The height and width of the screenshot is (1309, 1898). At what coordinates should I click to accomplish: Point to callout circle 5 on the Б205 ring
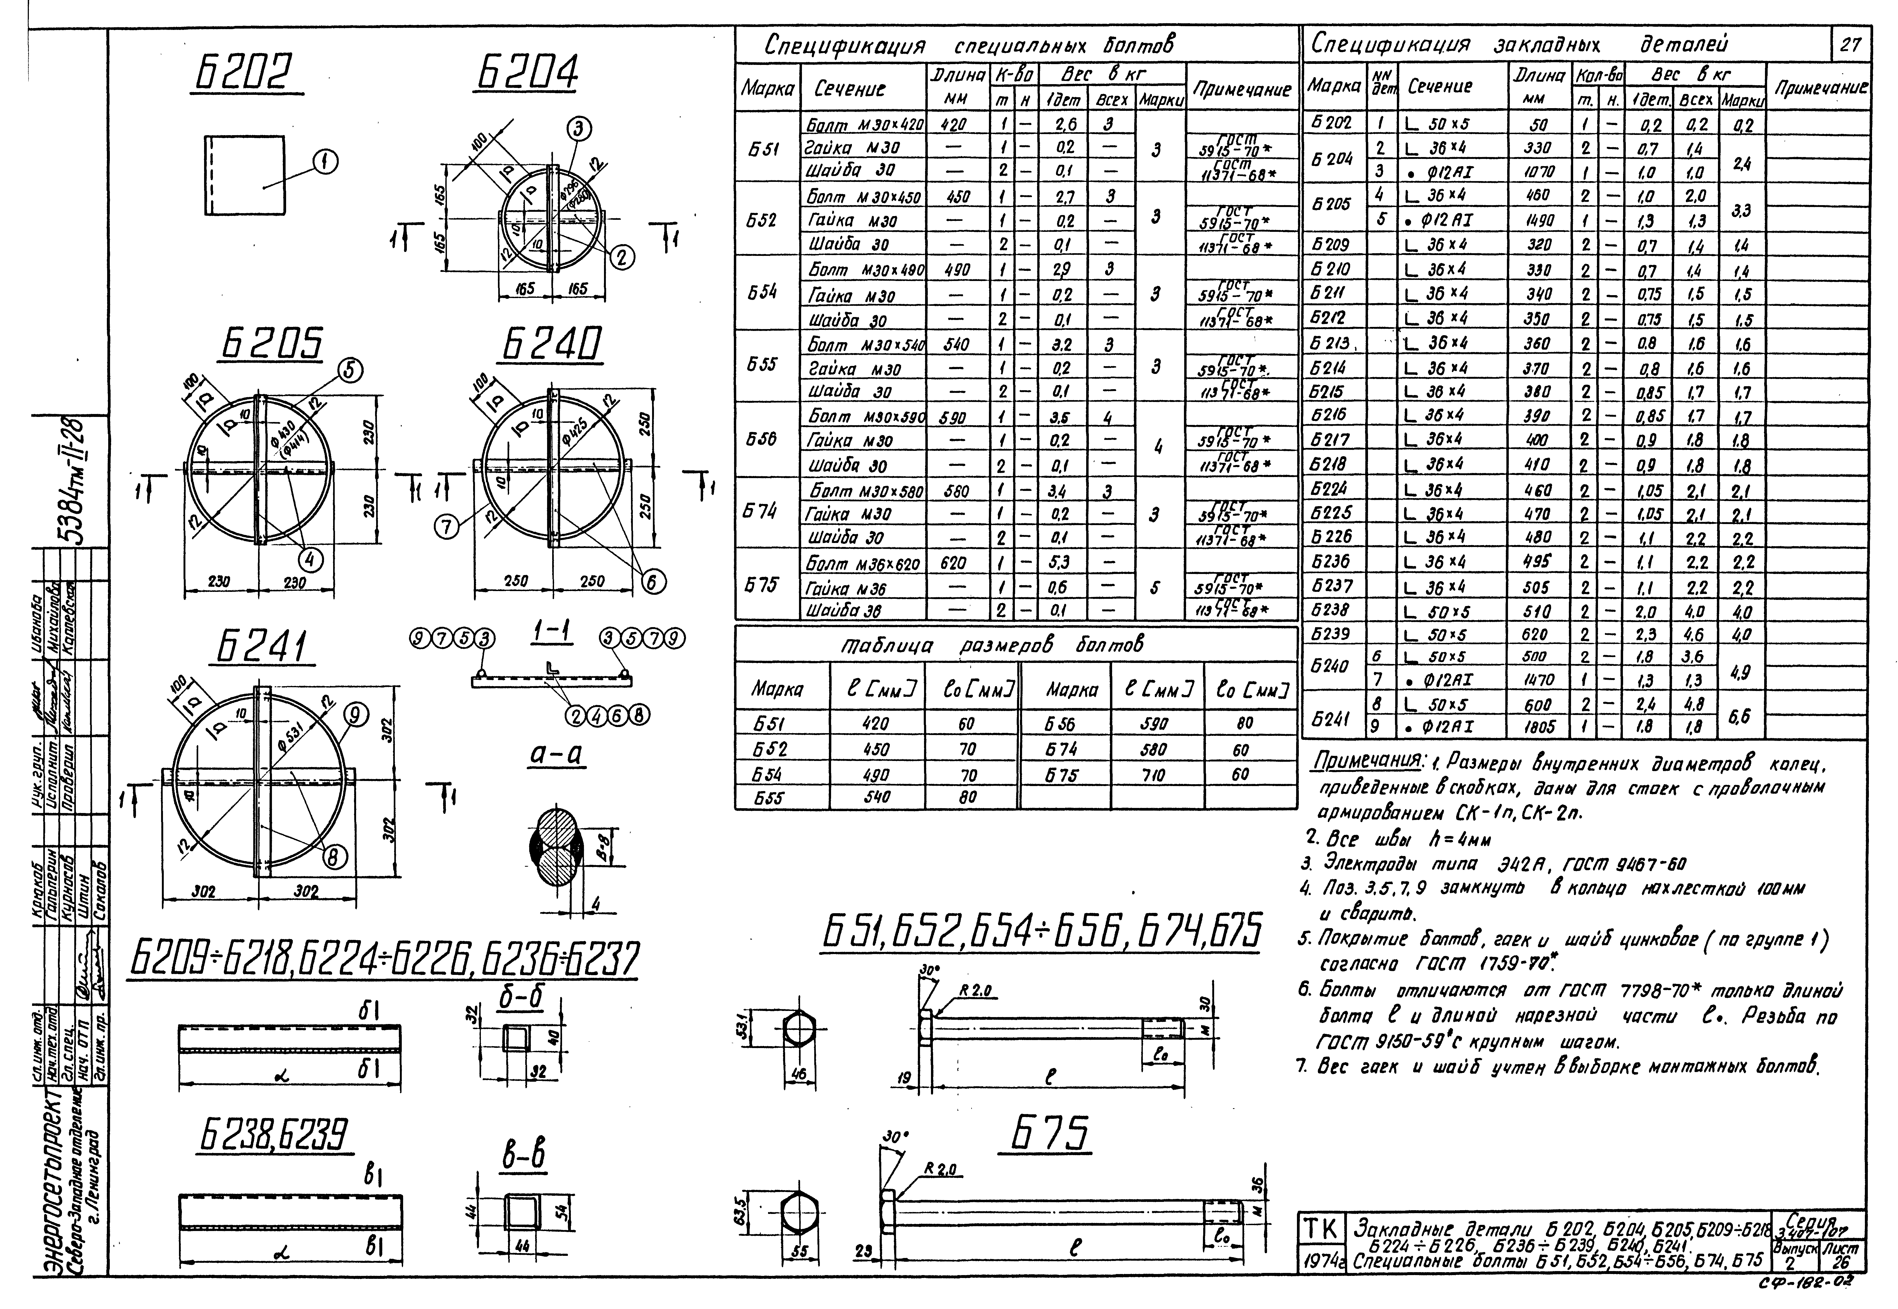348,372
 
